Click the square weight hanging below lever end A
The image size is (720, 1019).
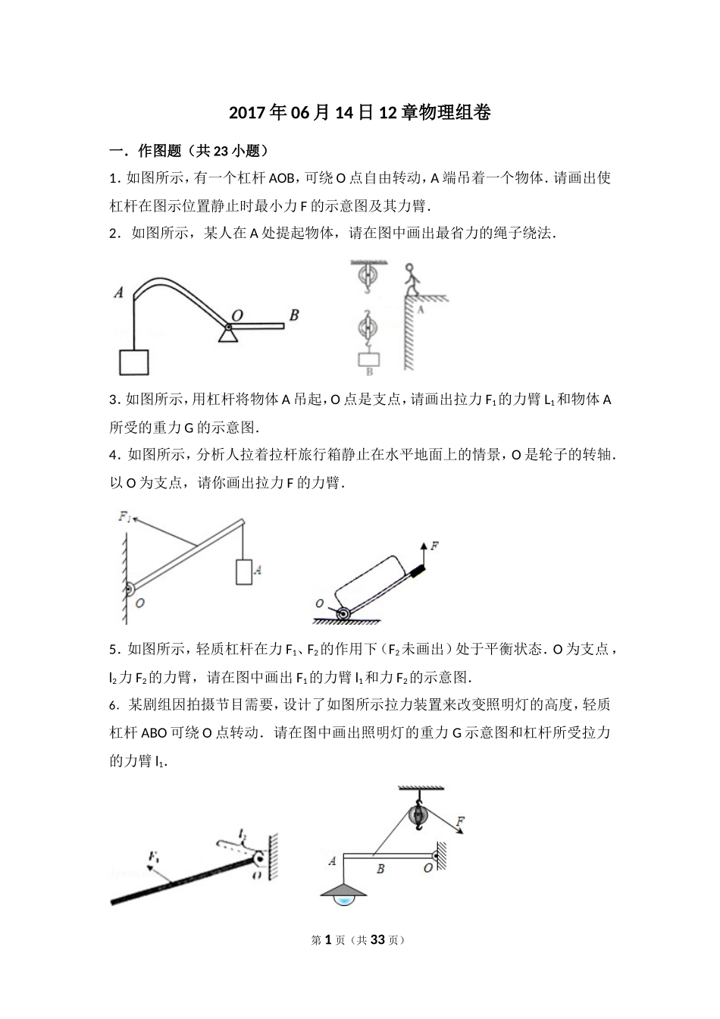click(134, 362)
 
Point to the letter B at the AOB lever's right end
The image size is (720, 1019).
click(293, 315)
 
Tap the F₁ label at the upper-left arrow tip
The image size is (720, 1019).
click(125, 516)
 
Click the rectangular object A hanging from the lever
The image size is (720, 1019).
click(243, 572)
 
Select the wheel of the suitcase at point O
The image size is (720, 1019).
click(343, 613)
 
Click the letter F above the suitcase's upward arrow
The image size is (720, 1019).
click(434, 544)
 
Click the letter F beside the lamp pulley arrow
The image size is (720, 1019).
click(461, 820)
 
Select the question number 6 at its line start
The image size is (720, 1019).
click(114, 705)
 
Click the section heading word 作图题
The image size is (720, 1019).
click(159, 150)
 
